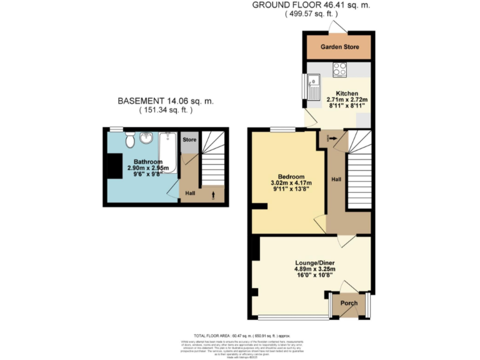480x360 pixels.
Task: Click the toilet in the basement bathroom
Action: (129, 141)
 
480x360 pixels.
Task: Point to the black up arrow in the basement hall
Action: (213, 196)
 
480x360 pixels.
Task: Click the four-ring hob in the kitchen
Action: (341, 70)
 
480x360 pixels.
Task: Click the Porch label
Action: (349, 304)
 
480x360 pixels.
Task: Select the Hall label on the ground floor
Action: (336, 179)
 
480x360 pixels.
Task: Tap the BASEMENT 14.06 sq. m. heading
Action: (165, 101)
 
